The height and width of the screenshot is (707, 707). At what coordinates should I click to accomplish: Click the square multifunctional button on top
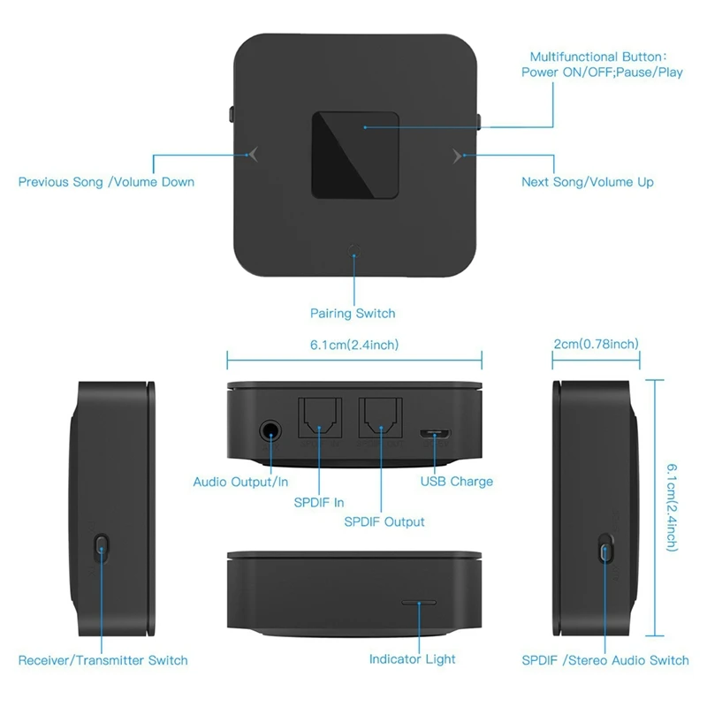[355, 156]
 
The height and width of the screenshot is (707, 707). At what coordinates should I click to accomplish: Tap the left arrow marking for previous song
[254, 154]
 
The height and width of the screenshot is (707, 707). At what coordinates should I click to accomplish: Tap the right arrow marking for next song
[457, 156]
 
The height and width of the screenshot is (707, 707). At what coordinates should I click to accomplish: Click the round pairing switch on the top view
[354, 250]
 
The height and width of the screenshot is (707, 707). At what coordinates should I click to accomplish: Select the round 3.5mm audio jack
[270, 431]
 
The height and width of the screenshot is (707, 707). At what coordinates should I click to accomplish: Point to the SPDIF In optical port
[320, 418]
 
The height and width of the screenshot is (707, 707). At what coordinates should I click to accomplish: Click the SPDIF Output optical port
[381, 418]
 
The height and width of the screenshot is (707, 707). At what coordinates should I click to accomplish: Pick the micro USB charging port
[435, 434]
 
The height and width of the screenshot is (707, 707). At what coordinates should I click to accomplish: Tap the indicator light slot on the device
[419, 603]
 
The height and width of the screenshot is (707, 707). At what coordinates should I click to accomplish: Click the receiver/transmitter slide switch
[102, 548]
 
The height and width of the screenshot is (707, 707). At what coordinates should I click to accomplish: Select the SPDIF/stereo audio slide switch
[605, 549]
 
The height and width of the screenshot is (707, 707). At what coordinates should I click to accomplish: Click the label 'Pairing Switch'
[353, 314]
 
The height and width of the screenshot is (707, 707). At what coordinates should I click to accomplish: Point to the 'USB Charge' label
[457, 482]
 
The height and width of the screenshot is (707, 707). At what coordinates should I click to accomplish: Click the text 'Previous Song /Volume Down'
[106, 182]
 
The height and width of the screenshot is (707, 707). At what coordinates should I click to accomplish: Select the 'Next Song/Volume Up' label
[588, 182]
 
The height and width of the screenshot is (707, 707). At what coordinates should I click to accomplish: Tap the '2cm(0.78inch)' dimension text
[596, 344]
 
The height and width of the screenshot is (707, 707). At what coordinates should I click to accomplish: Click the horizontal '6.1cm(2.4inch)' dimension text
[354, 345]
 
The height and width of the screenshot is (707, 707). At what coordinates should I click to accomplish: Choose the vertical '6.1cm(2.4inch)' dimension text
[672, 507]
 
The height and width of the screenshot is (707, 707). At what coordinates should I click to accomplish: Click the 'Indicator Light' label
[412, 659]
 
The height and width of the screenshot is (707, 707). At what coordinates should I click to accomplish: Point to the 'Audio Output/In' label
[240, 482]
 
